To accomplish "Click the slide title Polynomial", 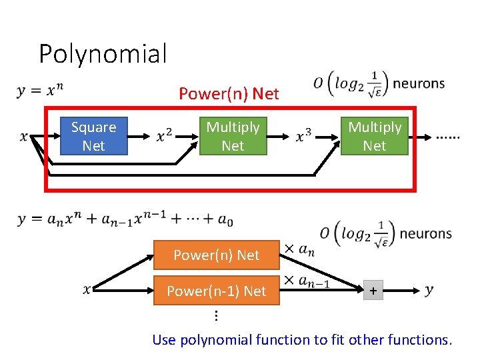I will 103,53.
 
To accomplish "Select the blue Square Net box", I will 93,136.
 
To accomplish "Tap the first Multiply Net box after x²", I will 233,136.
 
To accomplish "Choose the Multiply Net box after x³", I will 375,136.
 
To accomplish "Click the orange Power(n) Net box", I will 216,255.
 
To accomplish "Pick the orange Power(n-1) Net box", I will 216,291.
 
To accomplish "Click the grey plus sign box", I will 373,291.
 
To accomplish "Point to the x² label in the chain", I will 164,137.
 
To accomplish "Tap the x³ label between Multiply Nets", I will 304,137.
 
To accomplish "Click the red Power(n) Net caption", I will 229,94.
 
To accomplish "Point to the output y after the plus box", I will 429,290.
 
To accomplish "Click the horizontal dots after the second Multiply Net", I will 447,138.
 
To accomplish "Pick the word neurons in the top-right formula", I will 419,84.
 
